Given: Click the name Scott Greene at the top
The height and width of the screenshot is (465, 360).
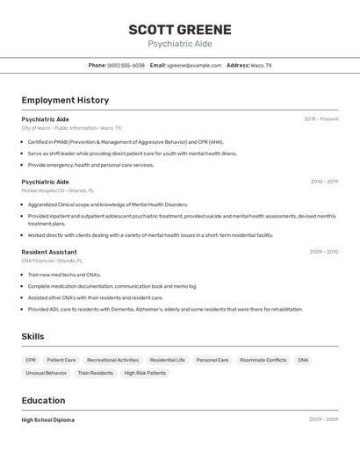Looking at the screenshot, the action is (180, 30).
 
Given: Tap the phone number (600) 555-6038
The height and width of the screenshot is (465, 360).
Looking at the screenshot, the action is (126, 66).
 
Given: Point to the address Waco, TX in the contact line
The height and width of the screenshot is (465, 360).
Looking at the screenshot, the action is (261, 66).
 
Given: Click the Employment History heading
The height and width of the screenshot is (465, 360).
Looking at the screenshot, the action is (65, 100).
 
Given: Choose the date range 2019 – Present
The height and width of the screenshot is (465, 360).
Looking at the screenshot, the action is (320, 119).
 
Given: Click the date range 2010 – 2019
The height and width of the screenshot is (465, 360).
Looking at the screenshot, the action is (324, 182).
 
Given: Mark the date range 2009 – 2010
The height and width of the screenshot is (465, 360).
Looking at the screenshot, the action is (323, 252).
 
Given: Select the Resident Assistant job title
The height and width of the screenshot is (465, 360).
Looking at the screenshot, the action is (49, 252).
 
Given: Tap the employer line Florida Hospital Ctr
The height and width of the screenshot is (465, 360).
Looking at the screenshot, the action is (58, 190).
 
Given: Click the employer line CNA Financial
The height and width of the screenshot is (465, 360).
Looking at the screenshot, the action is (53, 261).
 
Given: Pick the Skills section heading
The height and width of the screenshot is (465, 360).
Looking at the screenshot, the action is (32, 336).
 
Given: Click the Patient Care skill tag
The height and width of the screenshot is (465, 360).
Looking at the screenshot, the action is (61, 360).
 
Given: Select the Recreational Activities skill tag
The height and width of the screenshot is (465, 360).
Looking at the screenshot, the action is (112, 360).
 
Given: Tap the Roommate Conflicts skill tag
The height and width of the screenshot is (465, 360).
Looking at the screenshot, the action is (263, 360).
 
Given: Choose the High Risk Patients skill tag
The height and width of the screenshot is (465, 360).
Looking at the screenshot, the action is (145, 373).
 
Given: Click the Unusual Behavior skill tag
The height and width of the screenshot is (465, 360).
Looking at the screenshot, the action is (46, 373).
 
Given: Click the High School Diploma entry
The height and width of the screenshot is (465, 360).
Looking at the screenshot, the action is (48, 419).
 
